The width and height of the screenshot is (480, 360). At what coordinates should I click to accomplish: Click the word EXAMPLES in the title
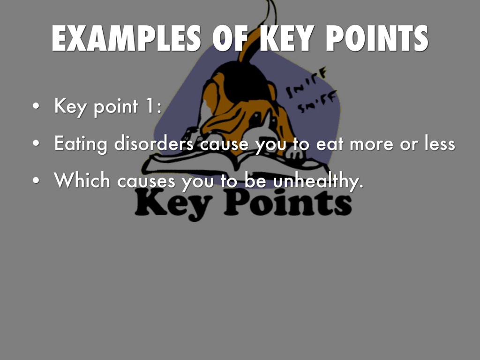[126, 38]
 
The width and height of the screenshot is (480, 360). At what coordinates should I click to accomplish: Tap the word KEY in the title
[287, 38]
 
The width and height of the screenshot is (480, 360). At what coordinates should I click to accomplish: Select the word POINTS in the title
[377, 38]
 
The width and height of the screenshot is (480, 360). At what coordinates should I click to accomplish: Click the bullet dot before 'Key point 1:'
[36, 106]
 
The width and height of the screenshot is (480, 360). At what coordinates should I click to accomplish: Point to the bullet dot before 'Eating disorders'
[36, 143]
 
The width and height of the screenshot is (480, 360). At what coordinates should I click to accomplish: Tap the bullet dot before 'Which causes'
[36, 180]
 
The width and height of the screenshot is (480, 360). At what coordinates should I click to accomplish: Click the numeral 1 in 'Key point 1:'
[150, 105]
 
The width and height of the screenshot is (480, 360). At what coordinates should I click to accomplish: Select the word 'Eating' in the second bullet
[81, 143]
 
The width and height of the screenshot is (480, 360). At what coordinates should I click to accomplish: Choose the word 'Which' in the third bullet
[82, 180]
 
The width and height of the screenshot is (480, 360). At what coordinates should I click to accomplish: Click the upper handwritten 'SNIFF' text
[307, 82]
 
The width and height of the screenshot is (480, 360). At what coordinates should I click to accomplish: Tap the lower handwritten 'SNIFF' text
[317, 102]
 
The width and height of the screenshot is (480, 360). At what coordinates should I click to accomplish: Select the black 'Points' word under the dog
[288, 202]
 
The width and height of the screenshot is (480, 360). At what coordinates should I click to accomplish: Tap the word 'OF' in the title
[230, 38]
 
